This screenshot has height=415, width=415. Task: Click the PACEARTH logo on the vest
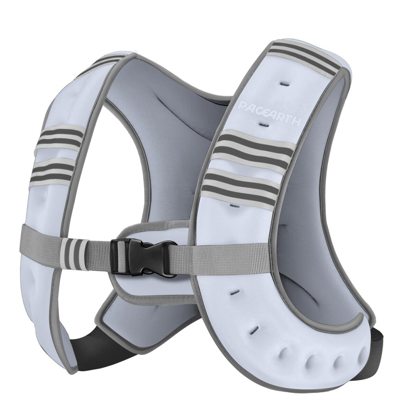click(x=271, y=113)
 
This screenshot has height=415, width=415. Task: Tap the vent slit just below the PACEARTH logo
click(x=264, y=124)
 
